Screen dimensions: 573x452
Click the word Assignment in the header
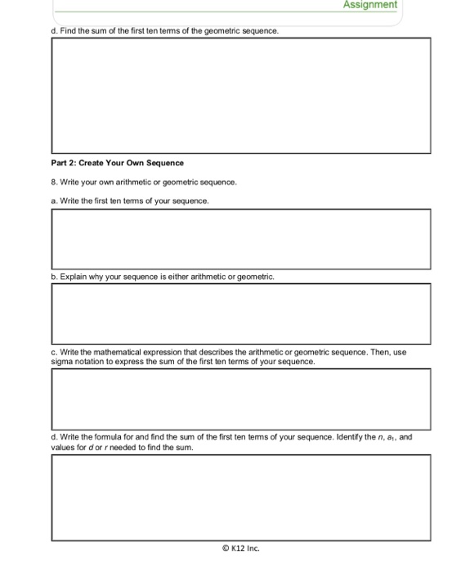pyautogui.click(x=370, y=5)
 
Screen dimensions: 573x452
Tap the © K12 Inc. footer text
pyautogui.click(x=240, y=549)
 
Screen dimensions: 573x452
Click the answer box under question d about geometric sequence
pyautogui.click(x=240, y=96)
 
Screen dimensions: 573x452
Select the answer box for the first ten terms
pyautogui.click(x=240, y=238)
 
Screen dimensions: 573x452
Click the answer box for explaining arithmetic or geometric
pyautogui.click(x=240, y=314)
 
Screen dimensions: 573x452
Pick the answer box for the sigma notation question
pyautogui.click(x=240, y=399)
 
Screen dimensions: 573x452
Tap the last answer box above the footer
pyautogui.click(x=240, y=497)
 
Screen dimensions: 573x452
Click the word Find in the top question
pyautogui.click(x=71, y=30)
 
